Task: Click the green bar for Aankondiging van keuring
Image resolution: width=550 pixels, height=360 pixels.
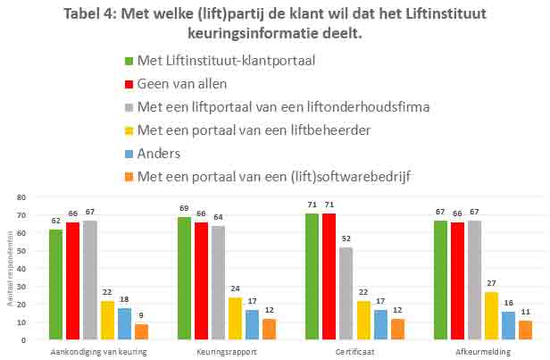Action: pos(55,284)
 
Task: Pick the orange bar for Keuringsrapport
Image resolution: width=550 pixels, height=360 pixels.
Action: pos(269,329)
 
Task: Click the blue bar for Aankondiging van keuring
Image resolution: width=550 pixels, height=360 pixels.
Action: pos(124,323)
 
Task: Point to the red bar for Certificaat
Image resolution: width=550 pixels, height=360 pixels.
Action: pos(329,276)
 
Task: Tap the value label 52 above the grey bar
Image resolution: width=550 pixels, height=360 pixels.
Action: pos(346,239)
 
